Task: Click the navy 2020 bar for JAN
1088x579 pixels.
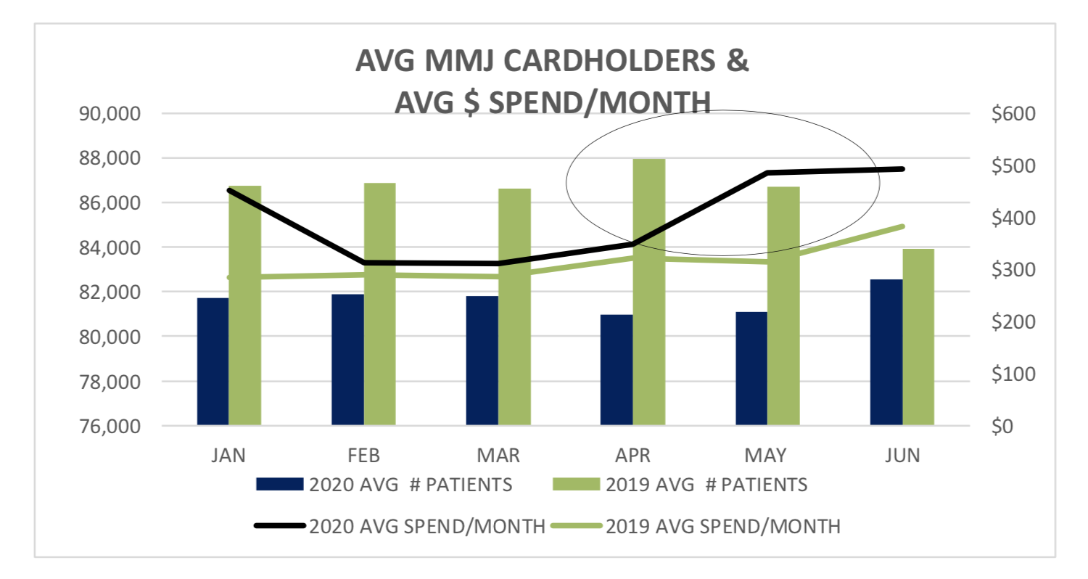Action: click(x=213, y=361)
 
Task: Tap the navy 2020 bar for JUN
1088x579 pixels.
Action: click(x=886, y=352)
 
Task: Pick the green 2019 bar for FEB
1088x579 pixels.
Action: click(x=380, y=304)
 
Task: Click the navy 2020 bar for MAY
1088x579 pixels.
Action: click(x=751, y=369)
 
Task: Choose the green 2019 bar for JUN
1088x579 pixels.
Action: click(x=918, y=337)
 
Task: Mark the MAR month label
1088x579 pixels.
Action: click(x=498, y=456)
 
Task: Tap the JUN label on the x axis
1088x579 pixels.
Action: click(x=902, y=456)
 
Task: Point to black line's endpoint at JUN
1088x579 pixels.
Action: click(x=902, y=169)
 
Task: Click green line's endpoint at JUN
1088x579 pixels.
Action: click(x=902, y=226)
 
